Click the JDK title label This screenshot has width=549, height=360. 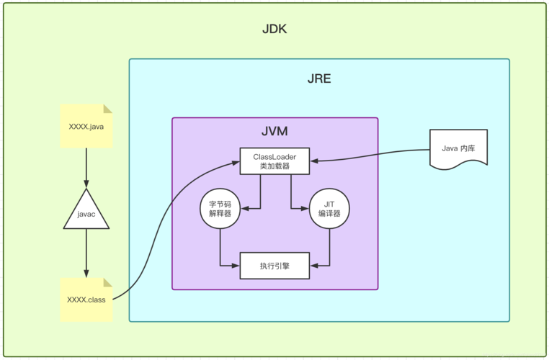(x=275, y=30)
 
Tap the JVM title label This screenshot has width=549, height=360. (x=274, y=132)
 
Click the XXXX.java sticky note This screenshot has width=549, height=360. (x=86, y=127)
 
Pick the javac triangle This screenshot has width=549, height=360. (x=86, y=213)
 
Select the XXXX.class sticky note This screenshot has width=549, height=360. (x=86, y=299)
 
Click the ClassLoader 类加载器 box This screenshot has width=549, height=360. (x=274, y=161)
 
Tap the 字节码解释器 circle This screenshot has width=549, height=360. (x=220, y=210)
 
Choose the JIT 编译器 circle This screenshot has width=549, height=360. (x=329, y=210)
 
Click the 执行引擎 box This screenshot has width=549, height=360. (x=274, y=265)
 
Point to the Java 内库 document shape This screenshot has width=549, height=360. (x=458, y=148)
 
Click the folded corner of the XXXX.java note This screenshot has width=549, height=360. (x=107, y=109)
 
